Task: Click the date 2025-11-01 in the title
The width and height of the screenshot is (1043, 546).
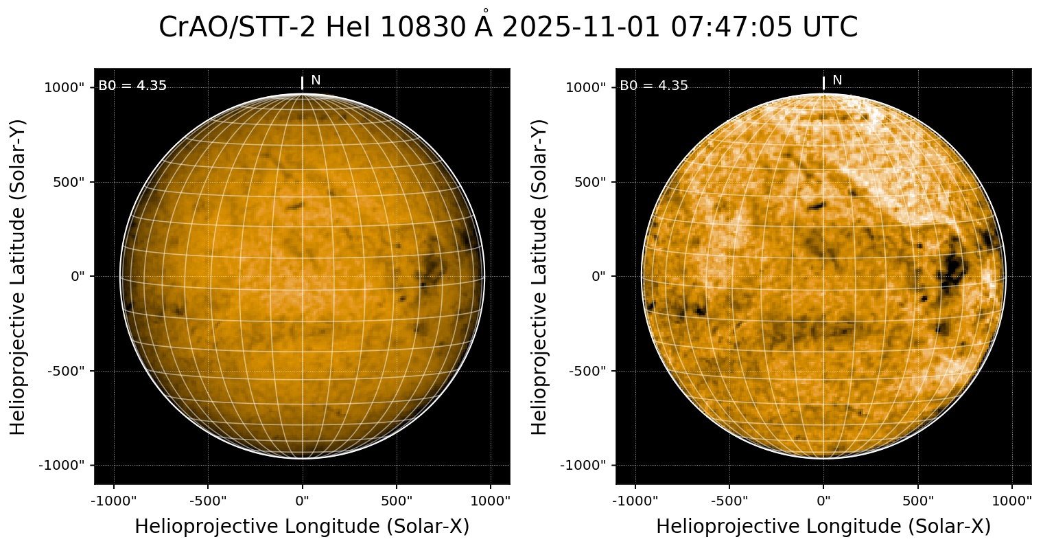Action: (583, 28)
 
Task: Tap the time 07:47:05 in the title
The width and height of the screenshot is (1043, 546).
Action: (733, 28)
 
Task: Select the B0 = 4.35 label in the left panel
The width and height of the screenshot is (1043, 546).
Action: (132, 86)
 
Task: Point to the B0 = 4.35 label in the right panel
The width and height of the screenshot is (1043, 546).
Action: (654, 86)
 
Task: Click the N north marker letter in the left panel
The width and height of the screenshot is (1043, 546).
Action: (316, 80)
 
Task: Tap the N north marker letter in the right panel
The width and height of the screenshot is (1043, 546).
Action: (837, 80)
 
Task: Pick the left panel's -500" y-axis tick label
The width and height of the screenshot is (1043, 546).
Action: (67, 371)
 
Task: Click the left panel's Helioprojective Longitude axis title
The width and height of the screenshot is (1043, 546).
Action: (302, 526)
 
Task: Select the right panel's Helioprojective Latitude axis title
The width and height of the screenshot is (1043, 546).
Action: (541, 276)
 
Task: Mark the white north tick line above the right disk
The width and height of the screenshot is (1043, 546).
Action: (823, 83)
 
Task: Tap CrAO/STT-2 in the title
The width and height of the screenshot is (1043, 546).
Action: (237, 28)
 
